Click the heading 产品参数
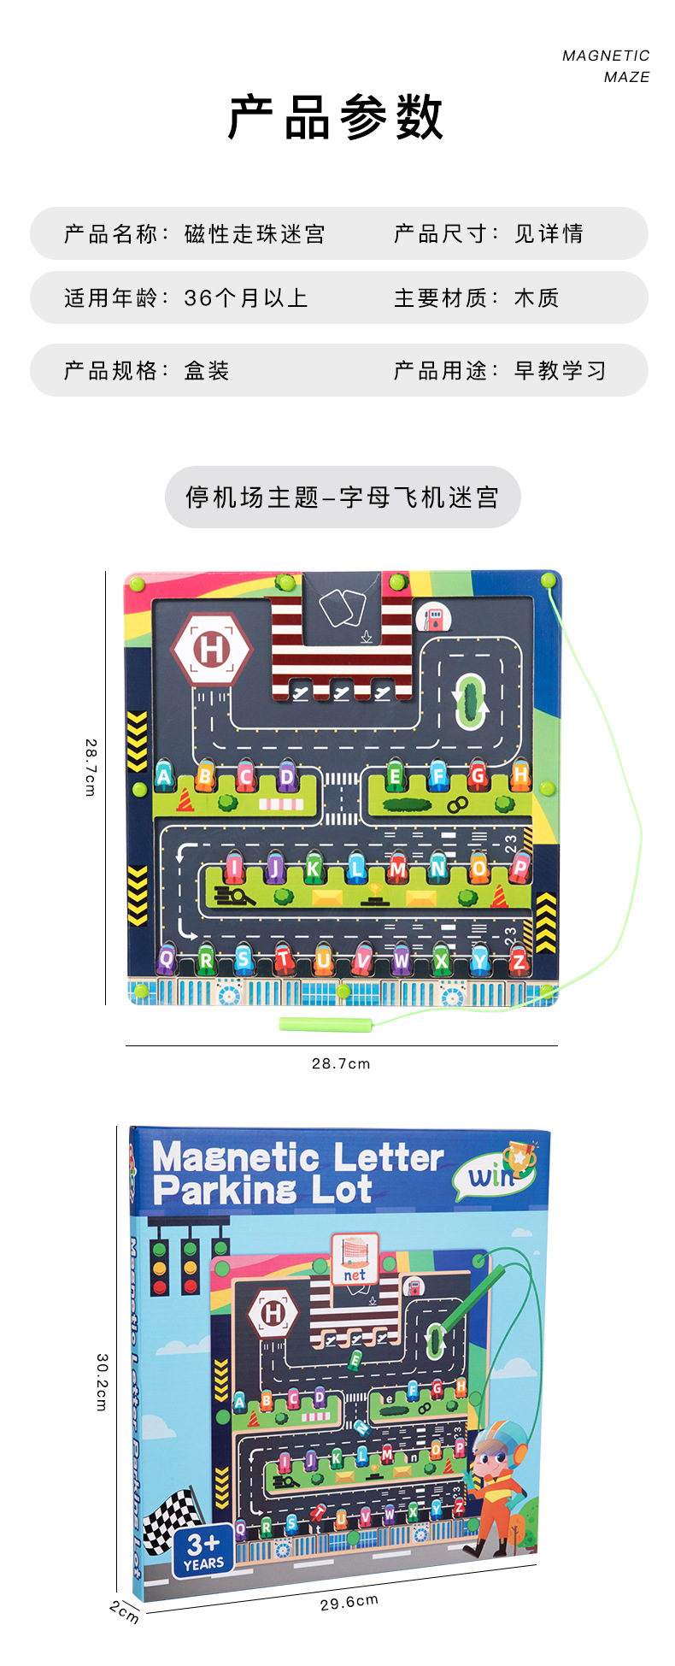336,118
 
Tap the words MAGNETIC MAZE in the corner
606,67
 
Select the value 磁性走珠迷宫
255,234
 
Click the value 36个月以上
245,298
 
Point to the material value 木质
537,298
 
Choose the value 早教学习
561,371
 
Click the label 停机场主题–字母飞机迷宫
343,497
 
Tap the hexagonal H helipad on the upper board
212,650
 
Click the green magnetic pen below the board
326,1023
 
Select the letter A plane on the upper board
164,776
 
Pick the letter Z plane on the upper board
518,959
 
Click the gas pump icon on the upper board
434,618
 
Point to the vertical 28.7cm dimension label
91,768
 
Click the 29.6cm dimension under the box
349,1602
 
